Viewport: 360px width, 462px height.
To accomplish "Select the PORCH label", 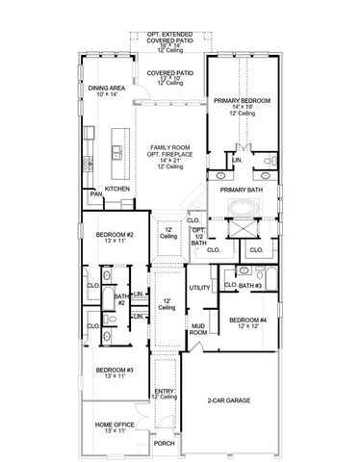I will tap(164, 444).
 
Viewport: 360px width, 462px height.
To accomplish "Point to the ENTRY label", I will tap(164, 391).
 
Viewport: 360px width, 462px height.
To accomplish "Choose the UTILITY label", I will tap(199, 288).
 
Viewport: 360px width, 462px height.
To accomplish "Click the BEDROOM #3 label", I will tap(112, 371).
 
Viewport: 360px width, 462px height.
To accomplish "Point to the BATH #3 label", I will tap(250, 287).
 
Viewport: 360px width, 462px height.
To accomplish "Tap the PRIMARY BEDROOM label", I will tap(242, 100).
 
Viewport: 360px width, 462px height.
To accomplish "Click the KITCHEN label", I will tap(117, 189).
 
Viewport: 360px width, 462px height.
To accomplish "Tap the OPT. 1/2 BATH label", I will tap(196, 237).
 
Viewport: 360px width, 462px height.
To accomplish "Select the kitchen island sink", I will tap(116, 150).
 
